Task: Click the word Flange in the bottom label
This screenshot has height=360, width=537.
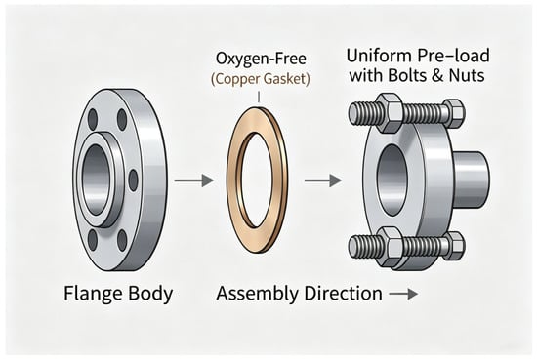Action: click(93, 294)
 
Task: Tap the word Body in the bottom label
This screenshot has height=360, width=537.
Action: click(150, 295)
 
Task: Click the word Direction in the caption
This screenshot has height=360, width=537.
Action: click(343, 294)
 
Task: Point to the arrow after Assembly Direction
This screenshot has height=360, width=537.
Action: click(404, 294)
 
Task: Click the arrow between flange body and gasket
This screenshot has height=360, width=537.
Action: click(194, 180)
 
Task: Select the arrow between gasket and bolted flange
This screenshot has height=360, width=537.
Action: click(323, 180)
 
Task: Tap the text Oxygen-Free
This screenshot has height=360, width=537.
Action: click(261, 59)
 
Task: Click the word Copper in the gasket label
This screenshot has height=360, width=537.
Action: click(236, 79)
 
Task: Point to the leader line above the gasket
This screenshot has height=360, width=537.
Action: click(259, 97)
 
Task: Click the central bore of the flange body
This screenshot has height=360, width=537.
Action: click(97, 180)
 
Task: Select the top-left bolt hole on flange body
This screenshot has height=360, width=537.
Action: click(93, 119)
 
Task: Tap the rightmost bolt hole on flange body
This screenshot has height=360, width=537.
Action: click(133, 180)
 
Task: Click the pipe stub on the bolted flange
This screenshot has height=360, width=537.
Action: click(471, 180)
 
